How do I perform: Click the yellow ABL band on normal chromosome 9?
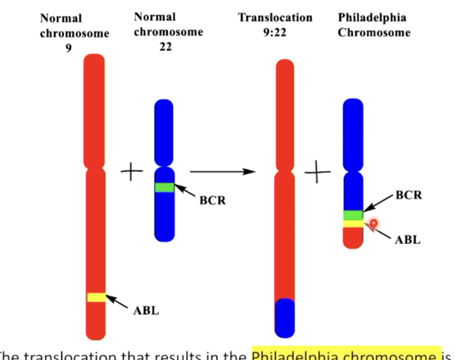click(96, 297)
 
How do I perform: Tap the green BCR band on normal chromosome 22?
click(164, 187)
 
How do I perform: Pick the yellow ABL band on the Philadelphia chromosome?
click(352, 223)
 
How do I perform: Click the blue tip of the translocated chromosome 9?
click(285, 318)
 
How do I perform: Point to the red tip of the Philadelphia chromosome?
click(352, 238)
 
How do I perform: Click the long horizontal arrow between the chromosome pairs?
click(222, 171)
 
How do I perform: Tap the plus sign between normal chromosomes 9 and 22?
click(132, 171)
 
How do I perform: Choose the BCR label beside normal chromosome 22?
click(212, 200)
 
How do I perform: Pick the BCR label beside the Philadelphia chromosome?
click(409, 195)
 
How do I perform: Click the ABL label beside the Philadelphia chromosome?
click(408, 240)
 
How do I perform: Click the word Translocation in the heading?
click(275, 18)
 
